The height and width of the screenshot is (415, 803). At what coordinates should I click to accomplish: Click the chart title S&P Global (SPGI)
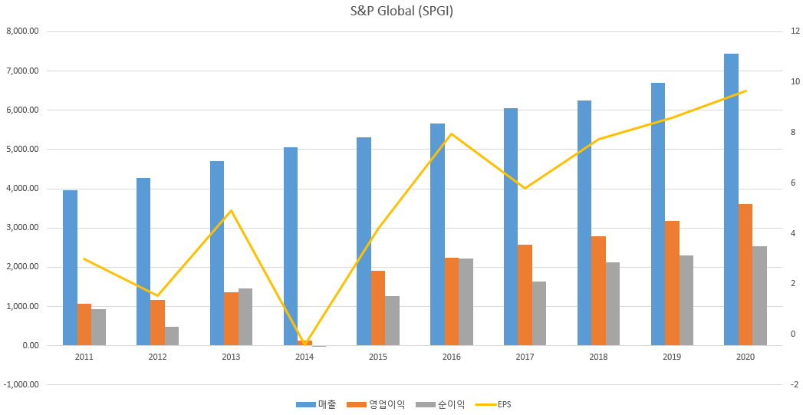pyautogui.click(x=402, y=11)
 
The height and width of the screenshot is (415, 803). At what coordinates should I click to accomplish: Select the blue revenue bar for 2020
pyautogui.click(x=732, y=199)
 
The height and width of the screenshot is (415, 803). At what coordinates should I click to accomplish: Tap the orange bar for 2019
pyautogui.click(x=672, y=283)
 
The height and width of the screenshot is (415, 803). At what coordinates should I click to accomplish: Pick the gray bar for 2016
pyautogui.click(x=466, y=302)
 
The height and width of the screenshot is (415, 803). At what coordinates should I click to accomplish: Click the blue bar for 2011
pyautogui.click(x=70, y=268)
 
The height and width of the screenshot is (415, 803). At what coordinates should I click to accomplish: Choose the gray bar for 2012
pyautogui.click(x=172, y=336)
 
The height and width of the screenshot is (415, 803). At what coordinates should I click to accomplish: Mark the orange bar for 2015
pyautogui.click(x=378, y=308)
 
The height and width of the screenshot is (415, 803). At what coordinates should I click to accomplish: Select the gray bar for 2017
pyautogui.click(x=539, y=314)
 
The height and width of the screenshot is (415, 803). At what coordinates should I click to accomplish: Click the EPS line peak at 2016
pyautogui.click(x=451, y=133)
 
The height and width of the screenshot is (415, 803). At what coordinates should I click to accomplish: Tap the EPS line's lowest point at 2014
pyautogui.click(x=304, y=344)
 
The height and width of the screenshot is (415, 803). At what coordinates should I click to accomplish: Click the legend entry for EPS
pyautogui.click(x=493, y=405)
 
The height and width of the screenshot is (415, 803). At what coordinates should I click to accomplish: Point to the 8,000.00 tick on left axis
pyautogui.click(x=22, y=31)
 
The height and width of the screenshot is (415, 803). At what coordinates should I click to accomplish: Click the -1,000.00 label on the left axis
pyautogui.click(x=21, y=385)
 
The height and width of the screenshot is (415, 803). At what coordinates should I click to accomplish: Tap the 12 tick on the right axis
pyautogui.click(x=795, y=31)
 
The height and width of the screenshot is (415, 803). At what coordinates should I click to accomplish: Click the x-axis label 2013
pyautogui.click(x=230, y=357)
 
